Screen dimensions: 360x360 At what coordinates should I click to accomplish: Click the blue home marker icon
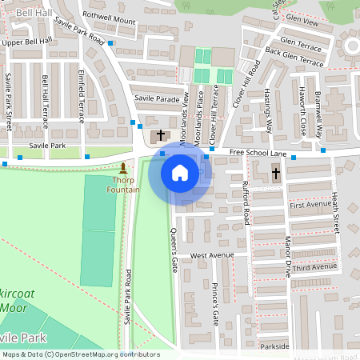click(180, 172)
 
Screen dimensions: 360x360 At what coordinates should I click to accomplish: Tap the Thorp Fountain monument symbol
click(123, 169)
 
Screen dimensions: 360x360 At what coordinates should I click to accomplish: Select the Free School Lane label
click(258, 152)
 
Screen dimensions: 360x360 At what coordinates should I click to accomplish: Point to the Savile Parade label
click(157, 99)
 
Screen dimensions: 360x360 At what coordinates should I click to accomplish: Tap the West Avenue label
click(212, 255)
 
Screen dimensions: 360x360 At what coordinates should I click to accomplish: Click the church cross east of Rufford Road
click(276, 173)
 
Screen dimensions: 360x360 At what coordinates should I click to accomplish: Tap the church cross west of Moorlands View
click(160, 135)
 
